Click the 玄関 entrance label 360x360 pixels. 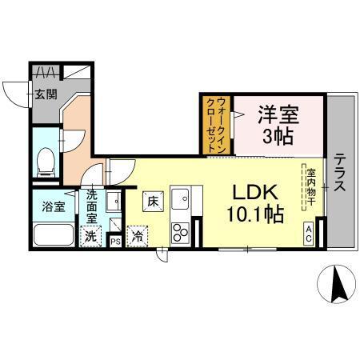point(45,94)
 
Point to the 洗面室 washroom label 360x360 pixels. point(93,206)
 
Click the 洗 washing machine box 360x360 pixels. point(91,237)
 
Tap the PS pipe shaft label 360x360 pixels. point(115,240)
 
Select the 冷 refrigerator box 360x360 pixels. point(138,237)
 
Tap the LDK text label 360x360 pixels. point(254,194)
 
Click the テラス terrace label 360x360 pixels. point(340,172)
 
